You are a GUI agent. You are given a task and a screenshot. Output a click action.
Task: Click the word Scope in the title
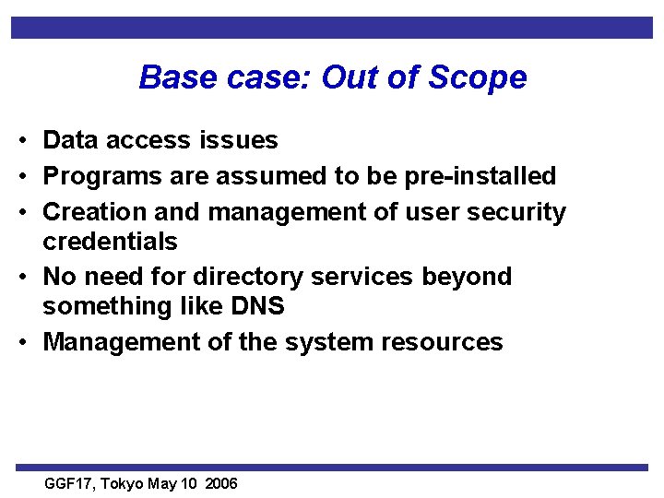pos(479,77)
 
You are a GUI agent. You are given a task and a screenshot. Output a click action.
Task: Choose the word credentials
pos(110,242)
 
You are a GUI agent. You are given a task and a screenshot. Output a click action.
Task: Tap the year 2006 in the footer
pos(221,483)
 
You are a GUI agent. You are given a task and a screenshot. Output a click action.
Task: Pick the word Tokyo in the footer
pos(124,483)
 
